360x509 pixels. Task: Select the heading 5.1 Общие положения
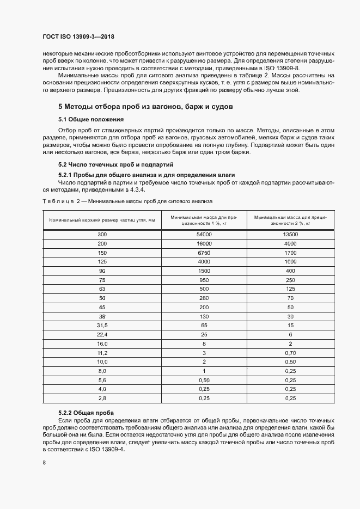(x=91, y=119)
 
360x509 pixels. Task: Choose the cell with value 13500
(x=290, y=234)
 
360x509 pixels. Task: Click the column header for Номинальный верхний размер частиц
(x=102, y=219)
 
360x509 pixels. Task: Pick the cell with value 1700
(x=290, y=253)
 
